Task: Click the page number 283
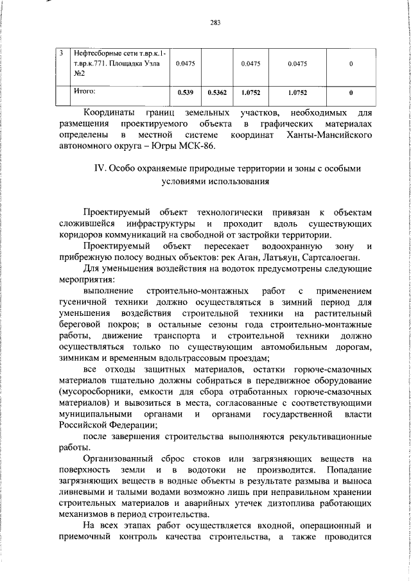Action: click(x=215, y=24)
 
